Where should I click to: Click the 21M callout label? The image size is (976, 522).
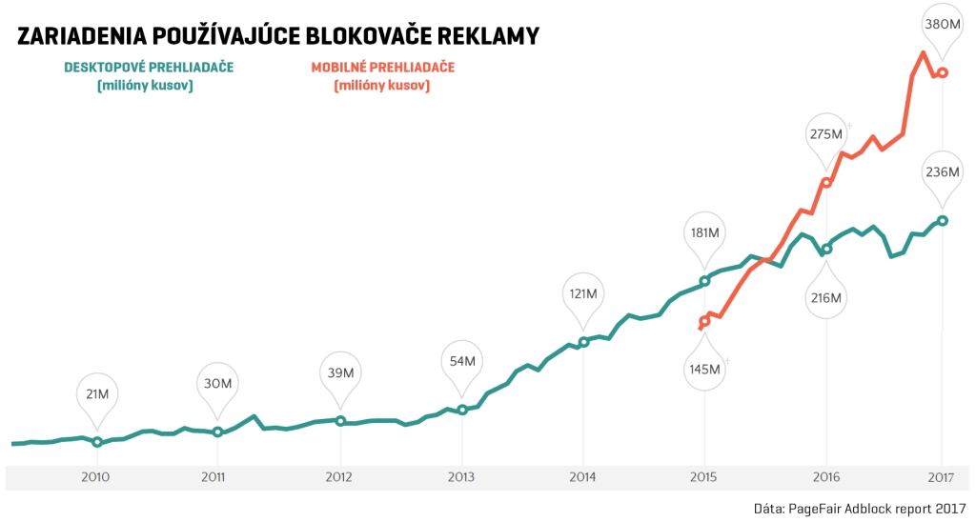[96, 394]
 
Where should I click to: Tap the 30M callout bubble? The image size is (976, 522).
[218, 384]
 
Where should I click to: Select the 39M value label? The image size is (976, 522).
[340, 372]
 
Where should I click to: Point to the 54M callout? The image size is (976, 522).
[462, 362]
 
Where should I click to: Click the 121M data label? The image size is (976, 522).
[583, 294]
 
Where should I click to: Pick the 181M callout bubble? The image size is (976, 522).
[705, 232]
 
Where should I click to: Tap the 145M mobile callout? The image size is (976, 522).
[705, 369]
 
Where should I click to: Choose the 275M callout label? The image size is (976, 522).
[825, 133]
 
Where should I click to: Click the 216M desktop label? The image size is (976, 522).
[826, 298]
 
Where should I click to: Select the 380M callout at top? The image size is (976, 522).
[943, 24]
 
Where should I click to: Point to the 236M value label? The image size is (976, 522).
[943, 172]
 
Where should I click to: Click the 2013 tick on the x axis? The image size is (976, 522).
[461, 476]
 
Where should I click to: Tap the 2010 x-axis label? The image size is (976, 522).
[96, 476]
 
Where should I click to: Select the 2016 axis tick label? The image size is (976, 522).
[826, 476]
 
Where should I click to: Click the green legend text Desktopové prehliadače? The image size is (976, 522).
[148, 68]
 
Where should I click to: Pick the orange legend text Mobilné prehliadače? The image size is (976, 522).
[382, 68]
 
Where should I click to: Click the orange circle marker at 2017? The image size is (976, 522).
[943, 72]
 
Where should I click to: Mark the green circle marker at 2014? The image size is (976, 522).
[583, 342]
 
